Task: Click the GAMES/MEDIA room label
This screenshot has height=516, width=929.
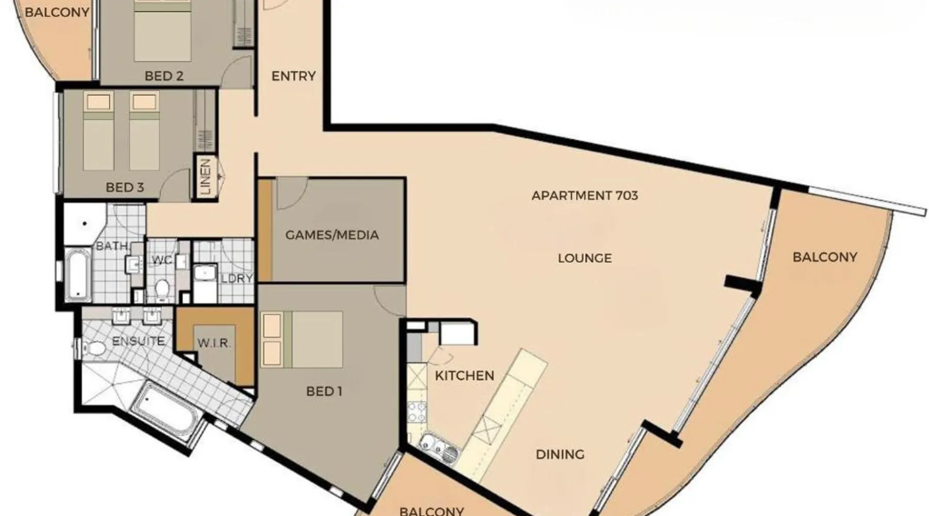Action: pos(332,235)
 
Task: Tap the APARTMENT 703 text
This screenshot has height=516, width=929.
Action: pos(585,196)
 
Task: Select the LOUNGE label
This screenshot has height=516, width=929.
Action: pos(585,258)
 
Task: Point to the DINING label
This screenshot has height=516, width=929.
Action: pos(560,455)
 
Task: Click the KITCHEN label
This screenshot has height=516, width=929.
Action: pos(464,376)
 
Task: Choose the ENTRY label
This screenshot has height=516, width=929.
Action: pos(294,76)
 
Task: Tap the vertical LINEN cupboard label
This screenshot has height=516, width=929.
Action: pos(205,177)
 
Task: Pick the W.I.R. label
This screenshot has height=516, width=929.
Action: pos(214,343)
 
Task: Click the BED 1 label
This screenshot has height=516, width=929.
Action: pos(324,392)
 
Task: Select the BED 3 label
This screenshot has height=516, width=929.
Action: pos(125,187)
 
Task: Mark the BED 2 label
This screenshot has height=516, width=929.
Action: pos(164,76)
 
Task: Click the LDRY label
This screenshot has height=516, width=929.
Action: pos(237,279)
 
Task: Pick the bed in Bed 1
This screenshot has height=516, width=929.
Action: pos(302,339)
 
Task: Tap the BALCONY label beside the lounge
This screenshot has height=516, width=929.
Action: pos(825,257)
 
